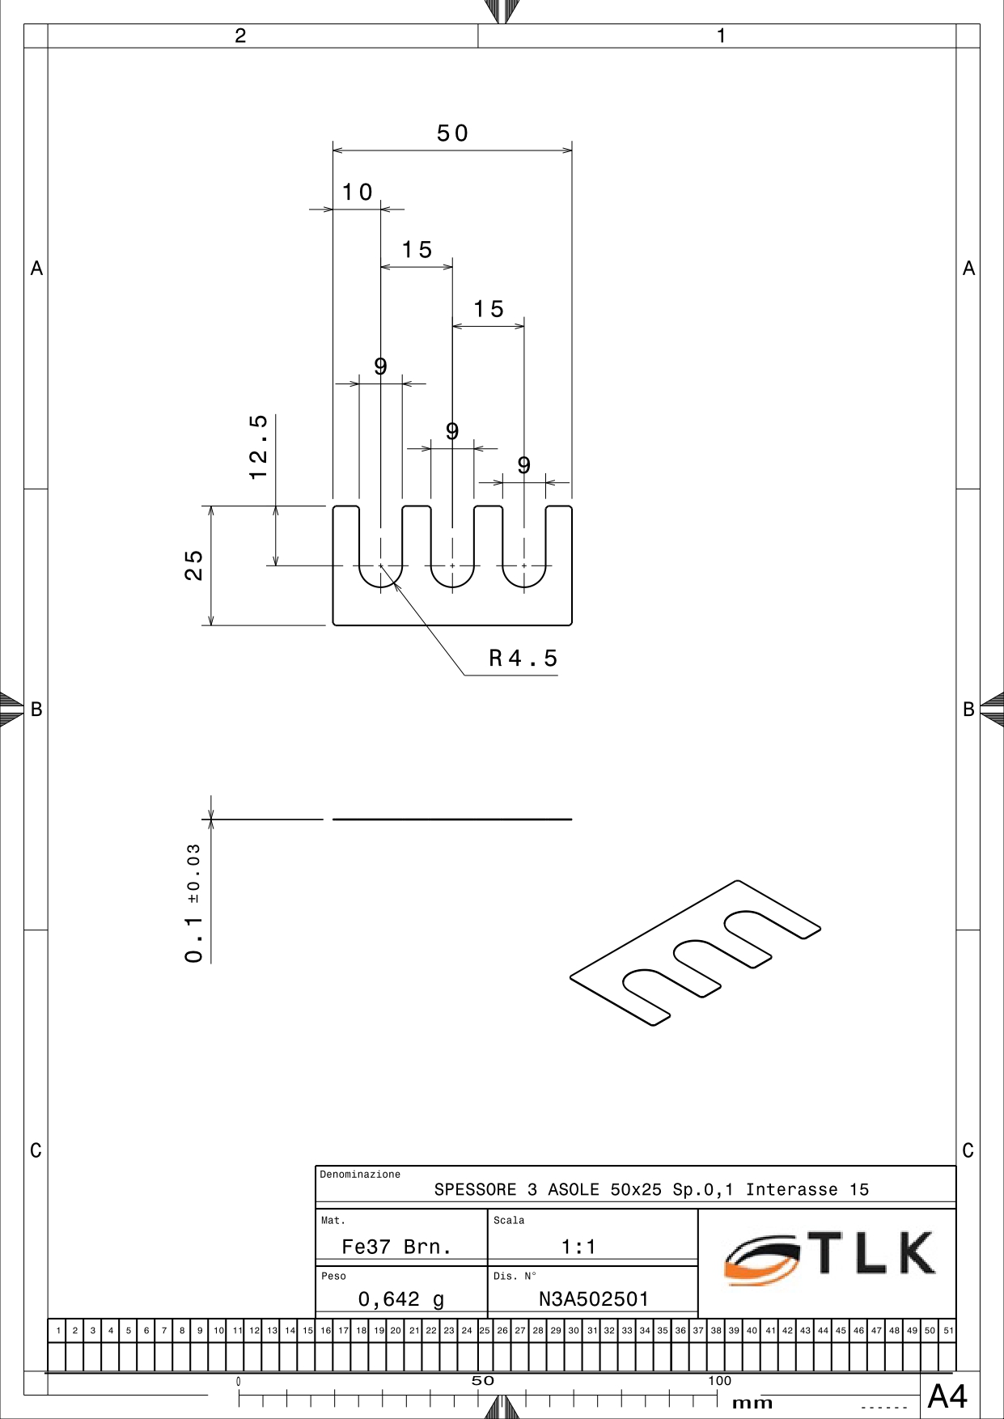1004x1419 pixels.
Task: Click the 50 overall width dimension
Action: click(452, 133)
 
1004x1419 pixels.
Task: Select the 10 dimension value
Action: click(357, 192)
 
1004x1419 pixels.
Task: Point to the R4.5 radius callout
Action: click(523, 658)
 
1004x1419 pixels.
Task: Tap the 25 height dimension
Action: click(194, 565)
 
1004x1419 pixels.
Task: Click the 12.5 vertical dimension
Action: click(258, 447)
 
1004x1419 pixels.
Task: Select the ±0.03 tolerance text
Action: click(193, 873)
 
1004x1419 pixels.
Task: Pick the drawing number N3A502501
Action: click(594, 1298)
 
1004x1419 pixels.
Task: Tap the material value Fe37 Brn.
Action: click(396, 1247)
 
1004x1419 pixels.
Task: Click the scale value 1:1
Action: click(578, 1247)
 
